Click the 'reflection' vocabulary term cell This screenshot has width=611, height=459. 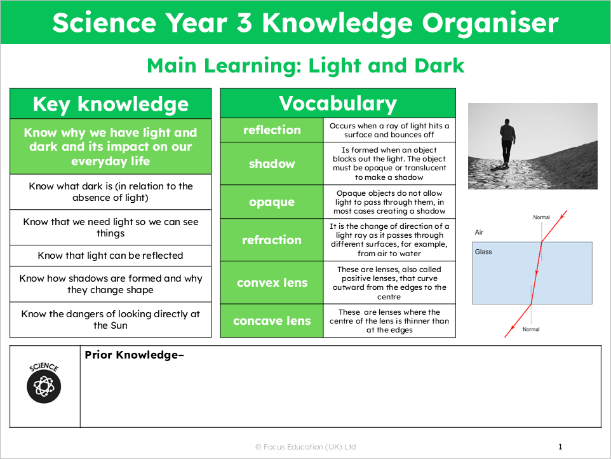pos(272,130)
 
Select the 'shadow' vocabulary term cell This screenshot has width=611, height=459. pos(272,164)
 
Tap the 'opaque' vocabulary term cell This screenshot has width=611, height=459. pos(272,202)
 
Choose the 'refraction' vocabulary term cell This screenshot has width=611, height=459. pos(272,240)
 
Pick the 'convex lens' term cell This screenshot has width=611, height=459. pos(272,283)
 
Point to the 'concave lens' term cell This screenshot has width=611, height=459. pos(272,321)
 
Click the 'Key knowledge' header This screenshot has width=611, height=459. pos(111,104)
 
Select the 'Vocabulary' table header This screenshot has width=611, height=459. pos(338,104)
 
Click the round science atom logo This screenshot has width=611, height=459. pos(44,383)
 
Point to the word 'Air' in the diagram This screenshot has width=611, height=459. pos(480,233)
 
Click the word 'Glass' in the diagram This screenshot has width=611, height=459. pos(483,252)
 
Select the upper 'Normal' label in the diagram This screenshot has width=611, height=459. pos(541,217)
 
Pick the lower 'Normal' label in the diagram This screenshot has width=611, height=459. pos(531,329)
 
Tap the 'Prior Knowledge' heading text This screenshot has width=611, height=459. pos(134,355)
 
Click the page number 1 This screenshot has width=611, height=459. pos(560,447)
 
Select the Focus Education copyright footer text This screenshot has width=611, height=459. pos(305,447)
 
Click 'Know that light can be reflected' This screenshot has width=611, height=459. pos(111,256)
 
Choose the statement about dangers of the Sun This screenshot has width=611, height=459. pos(111,320)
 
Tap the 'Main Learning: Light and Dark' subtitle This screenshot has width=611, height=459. pos(305,65)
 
